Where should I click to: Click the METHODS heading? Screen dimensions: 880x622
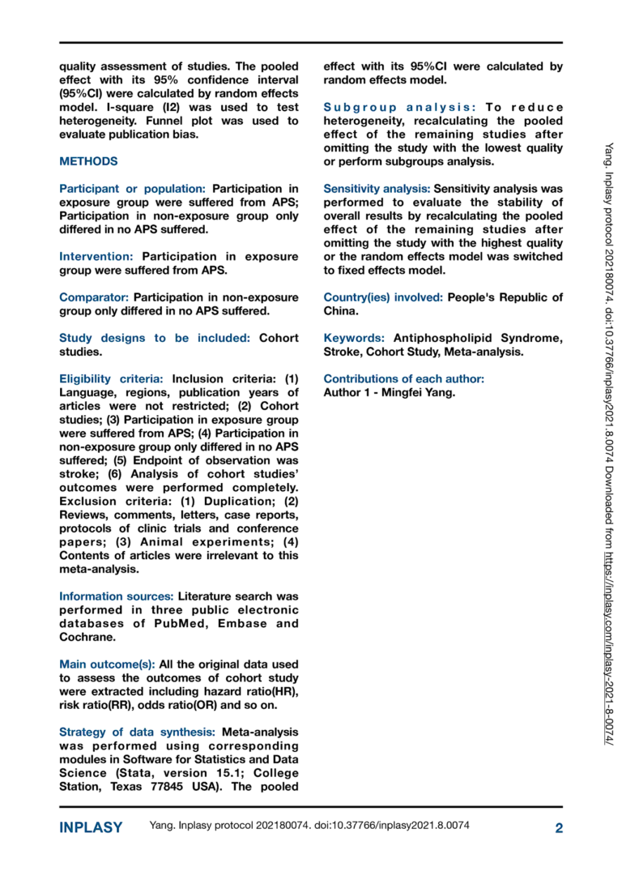coord(88,161)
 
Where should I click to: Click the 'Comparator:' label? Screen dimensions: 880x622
coord(94,297)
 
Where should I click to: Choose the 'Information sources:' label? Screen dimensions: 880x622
coord(116,596)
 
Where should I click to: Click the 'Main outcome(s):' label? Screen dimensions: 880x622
coord(107,664)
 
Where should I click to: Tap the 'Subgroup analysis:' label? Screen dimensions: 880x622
coord(400,107)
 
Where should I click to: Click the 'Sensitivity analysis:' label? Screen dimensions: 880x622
coord(376,188)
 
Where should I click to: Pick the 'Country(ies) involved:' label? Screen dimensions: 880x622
coord(383,297)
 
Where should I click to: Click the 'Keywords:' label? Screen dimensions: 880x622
coord(355,338)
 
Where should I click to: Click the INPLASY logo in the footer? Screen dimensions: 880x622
coord(91,827)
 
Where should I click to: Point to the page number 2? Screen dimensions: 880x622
coord(558,827)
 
